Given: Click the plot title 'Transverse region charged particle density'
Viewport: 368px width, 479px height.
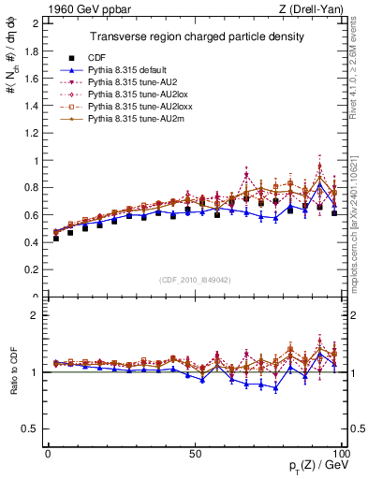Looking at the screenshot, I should coord(196,36).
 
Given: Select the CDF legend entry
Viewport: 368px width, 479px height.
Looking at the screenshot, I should coord(110,57).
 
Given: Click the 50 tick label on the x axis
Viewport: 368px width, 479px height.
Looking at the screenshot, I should coord(195,454).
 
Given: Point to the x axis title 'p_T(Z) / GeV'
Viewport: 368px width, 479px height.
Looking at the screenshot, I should coord(317,467).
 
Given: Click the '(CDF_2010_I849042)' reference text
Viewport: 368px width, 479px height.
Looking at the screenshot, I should coord(196,279).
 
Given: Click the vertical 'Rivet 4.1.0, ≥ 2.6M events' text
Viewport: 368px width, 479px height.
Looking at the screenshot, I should coord(360,75).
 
